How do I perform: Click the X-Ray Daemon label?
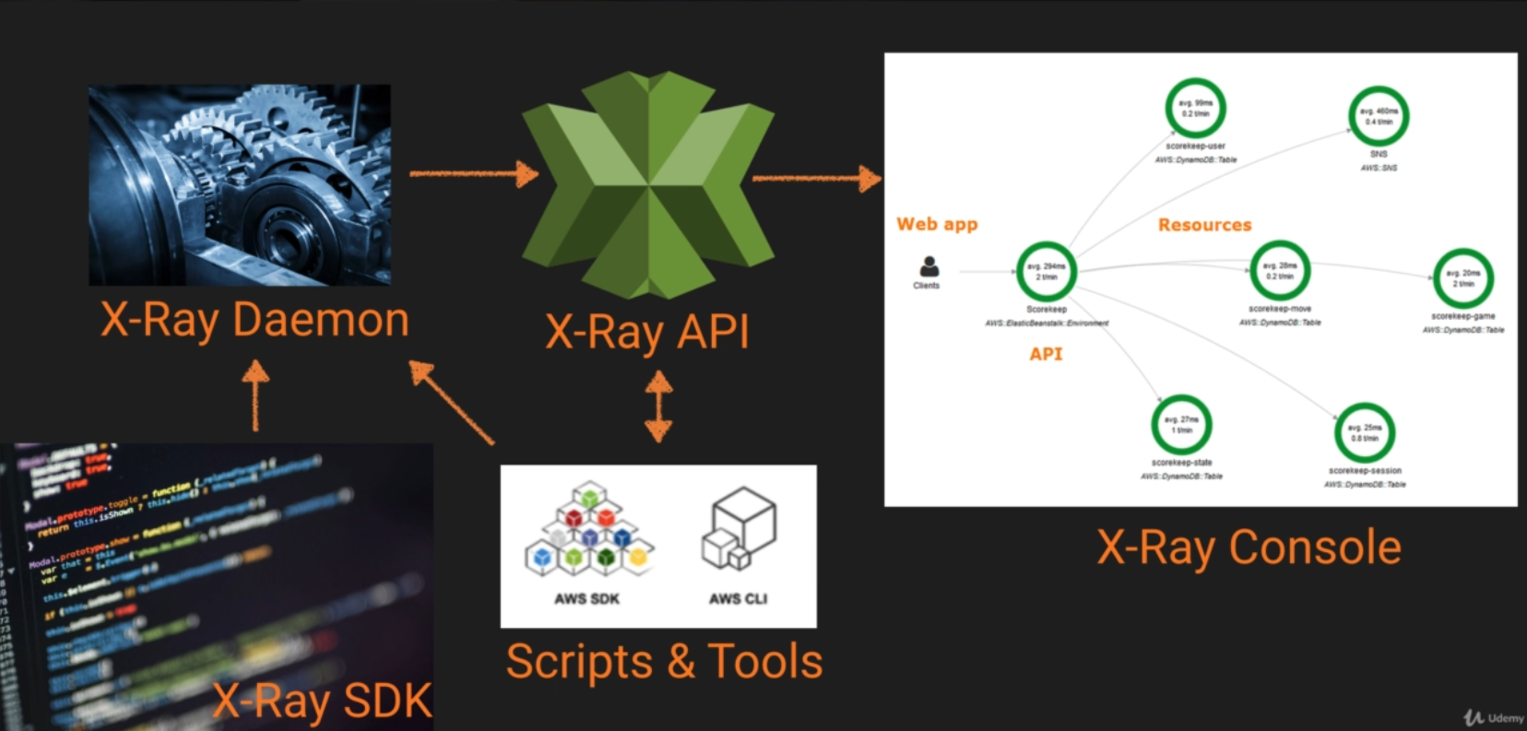click(254, 321)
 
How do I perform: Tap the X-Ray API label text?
click(647, 332)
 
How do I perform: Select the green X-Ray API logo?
click(648, 184)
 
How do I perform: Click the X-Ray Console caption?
click(1249, 548)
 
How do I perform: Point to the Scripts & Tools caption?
click(664, 662)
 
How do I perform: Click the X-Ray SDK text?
click(323, 701)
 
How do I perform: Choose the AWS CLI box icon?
click(740, 529)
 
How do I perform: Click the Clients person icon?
click(929, 267)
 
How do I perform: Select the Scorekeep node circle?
click(1046, 271)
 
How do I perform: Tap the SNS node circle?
click(1379, 116)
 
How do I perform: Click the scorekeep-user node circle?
click(1195, 109)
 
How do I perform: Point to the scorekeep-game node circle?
click(1462, 278)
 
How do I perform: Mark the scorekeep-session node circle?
click(1365, 432)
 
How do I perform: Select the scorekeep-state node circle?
click(1181, 425)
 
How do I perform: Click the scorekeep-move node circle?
click(1280, 270)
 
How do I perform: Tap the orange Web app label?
click(937, 224)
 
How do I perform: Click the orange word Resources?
click(1204, 225)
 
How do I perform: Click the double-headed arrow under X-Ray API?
click(658, 406)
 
